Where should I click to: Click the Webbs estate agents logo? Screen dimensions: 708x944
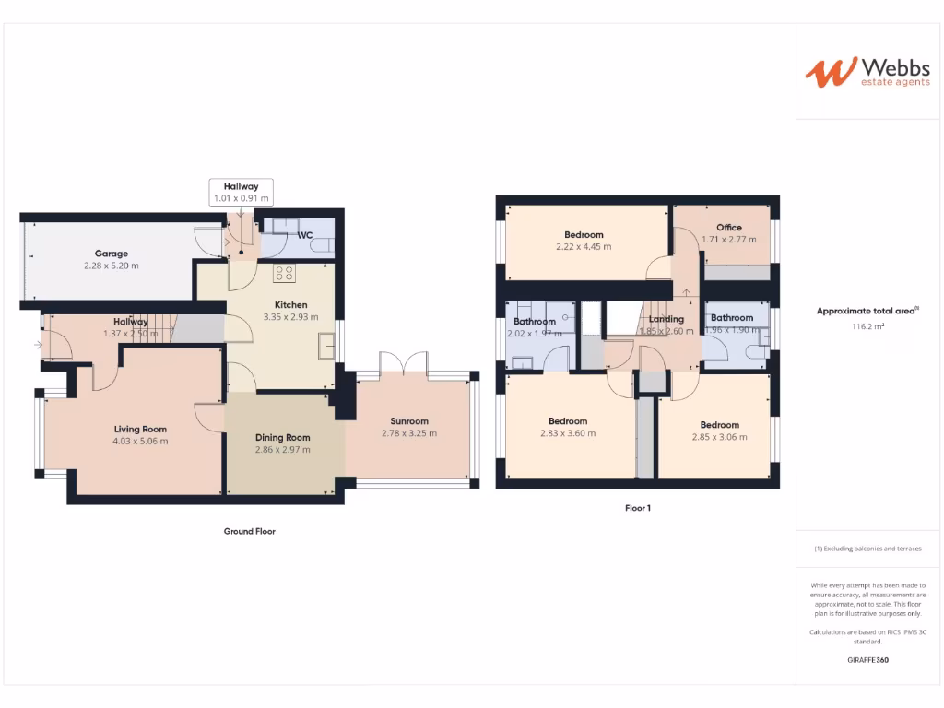click(856, 73)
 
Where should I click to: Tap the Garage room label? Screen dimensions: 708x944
click(112, 254)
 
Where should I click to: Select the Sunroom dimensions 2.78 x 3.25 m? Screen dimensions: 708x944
click(409, 433)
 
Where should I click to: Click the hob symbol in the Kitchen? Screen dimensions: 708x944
click(284, 273)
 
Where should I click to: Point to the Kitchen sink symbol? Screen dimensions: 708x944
click(327, 346)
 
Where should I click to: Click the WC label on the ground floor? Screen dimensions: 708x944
click(304, 235)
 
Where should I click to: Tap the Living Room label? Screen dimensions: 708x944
click(140, 429)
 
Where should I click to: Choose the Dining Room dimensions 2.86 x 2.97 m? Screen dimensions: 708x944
click(283, 450)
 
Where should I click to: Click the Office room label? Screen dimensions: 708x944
click(729, 228)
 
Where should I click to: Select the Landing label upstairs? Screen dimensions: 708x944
click(667, 319)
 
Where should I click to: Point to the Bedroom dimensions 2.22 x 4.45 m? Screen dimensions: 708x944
click(584, 247)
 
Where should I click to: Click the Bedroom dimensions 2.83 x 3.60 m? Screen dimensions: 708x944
click(568, 433)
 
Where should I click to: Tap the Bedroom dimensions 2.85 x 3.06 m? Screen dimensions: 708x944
click(719, 437)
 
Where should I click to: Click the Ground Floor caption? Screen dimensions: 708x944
click(250, 531)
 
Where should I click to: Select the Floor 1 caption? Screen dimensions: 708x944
click(637, 507)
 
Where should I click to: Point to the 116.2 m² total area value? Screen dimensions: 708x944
click(867, 326)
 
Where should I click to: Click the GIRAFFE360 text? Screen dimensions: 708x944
click(867, 660)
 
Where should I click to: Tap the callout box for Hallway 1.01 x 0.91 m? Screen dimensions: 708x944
click(241, 192)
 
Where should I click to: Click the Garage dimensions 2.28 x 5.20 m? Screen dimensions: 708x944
click(112, 265)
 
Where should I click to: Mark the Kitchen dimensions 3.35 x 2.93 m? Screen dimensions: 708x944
click(290, 317)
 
